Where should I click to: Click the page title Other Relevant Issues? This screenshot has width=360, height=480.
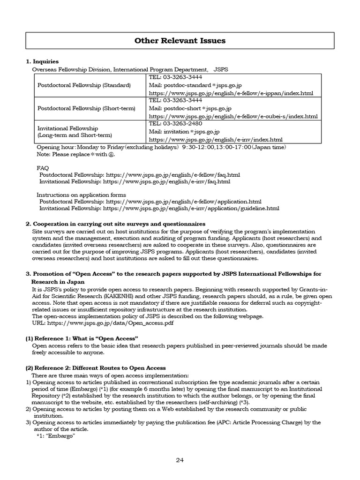[x=180, y=41]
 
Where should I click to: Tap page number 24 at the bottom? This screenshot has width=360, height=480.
[x=180, y=460]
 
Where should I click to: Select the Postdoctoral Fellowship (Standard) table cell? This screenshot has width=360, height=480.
[x=84, y=85]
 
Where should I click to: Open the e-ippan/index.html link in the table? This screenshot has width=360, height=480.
[x=231, y=93]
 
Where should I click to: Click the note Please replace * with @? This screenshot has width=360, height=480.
[x=75, y=154]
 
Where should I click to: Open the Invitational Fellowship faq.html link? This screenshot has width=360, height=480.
[x=166, y=181]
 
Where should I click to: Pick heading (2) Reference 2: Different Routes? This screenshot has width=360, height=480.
[x=96, y=368]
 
